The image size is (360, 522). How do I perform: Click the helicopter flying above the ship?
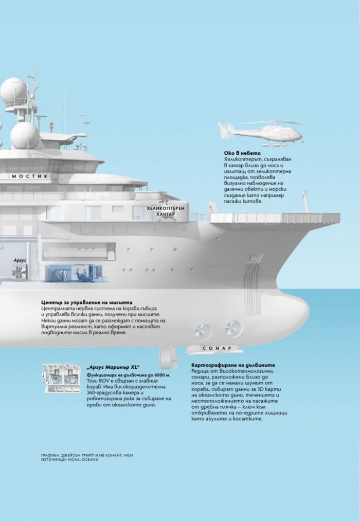click(x=260, y=133)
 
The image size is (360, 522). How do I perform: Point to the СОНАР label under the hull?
click(x=217, y=348)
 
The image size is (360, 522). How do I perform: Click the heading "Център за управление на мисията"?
click(x=86, y=302)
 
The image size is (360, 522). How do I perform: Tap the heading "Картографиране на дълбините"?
click(x=233, y=365)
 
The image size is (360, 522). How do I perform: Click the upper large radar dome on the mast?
click(x=14, y=91)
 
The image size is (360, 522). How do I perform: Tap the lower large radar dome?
click(x=25, y=135)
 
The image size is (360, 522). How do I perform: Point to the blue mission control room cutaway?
click(x=75, y=273)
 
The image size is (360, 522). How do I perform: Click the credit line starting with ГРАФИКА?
click(x=87, y=455)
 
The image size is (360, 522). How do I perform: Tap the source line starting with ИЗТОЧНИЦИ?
click(x=69, y=459)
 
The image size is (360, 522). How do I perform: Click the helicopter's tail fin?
click(x=223, y=129)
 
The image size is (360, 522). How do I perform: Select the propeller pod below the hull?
click(x=168, y=357)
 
